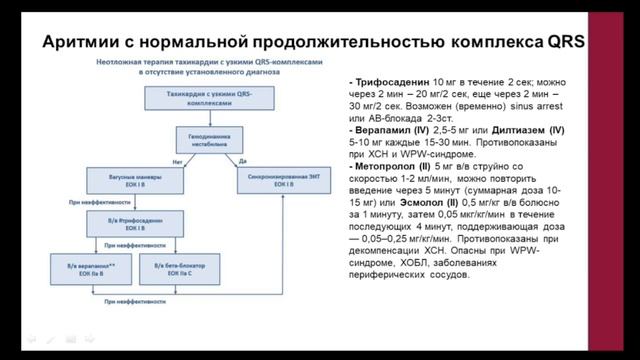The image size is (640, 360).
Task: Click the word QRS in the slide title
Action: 563,42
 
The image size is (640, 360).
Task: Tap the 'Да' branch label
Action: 244,160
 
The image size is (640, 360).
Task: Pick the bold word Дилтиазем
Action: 515,131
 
